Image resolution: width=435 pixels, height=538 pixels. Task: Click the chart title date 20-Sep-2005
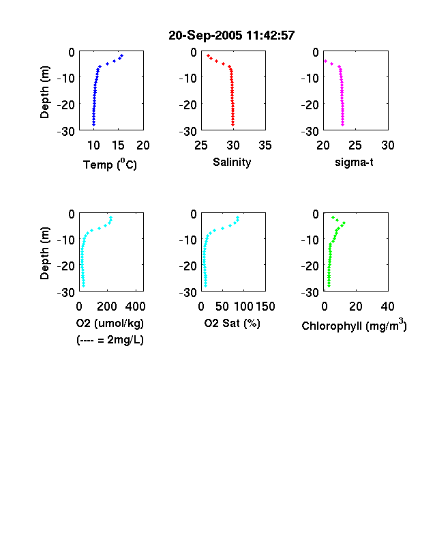(205, 36)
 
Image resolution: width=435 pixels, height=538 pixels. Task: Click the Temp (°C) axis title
(110, 165)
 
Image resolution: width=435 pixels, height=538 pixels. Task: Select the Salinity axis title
(232, 162)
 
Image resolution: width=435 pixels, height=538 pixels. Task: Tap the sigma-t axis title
(354, 162)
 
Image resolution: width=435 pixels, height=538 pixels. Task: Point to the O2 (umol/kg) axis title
(110, 323)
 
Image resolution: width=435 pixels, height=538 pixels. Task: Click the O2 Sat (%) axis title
(232, 323)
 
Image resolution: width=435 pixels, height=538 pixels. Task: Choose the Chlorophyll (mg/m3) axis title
(354, 324)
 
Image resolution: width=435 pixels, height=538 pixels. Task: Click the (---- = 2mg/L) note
(110, 340)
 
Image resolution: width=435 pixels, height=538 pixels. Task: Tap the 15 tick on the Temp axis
(118, 145)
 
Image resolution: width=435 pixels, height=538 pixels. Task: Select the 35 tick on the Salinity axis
(265, 145)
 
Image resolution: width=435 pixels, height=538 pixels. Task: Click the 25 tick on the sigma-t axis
(355, 145)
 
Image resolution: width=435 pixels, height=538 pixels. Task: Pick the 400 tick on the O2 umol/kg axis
(135, 307)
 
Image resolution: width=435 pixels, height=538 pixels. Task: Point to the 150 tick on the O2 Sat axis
(265, 307)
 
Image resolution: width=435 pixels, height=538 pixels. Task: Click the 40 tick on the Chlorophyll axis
(387, 307)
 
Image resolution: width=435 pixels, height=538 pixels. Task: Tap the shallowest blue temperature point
(121, 55)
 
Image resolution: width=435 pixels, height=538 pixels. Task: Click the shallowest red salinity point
(208, 55)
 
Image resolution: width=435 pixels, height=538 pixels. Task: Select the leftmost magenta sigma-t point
(325, 61)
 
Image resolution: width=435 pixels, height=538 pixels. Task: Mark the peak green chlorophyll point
(344, 223)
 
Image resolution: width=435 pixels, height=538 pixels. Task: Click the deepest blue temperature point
(93, 124)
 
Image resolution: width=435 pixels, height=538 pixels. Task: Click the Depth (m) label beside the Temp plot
(44, 92)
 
